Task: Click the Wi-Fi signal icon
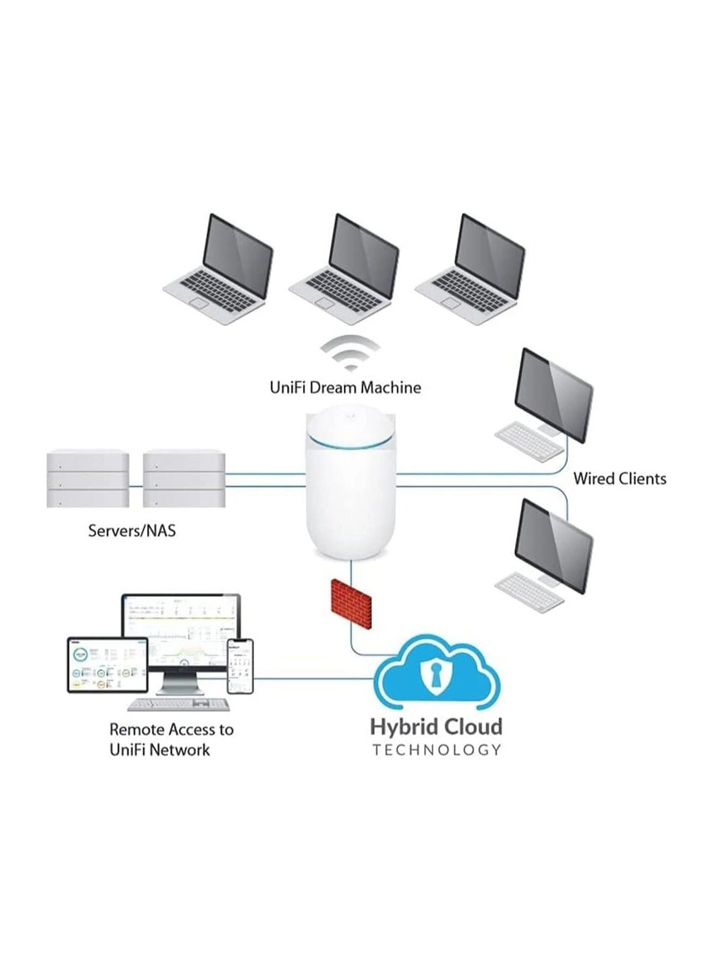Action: coord(349,354)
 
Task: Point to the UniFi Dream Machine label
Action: coord(345,388)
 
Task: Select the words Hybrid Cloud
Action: coord(436,727)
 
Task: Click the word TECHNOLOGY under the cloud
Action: coord(436,750)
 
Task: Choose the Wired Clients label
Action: coord(619,479)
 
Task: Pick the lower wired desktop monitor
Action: coord(554,544)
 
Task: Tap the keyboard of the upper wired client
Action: coord(529,442)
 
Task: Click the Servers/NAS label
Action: coord(132,531)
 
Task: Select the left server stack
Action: coord(88,479)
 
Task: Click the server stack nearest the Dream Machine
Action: coord(184,479)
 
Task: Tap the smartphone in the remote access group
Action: coord(241,666)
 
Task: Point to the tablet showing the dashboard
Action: coord(107,664)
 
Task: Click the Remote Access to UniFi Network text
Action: coord(171,739)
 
